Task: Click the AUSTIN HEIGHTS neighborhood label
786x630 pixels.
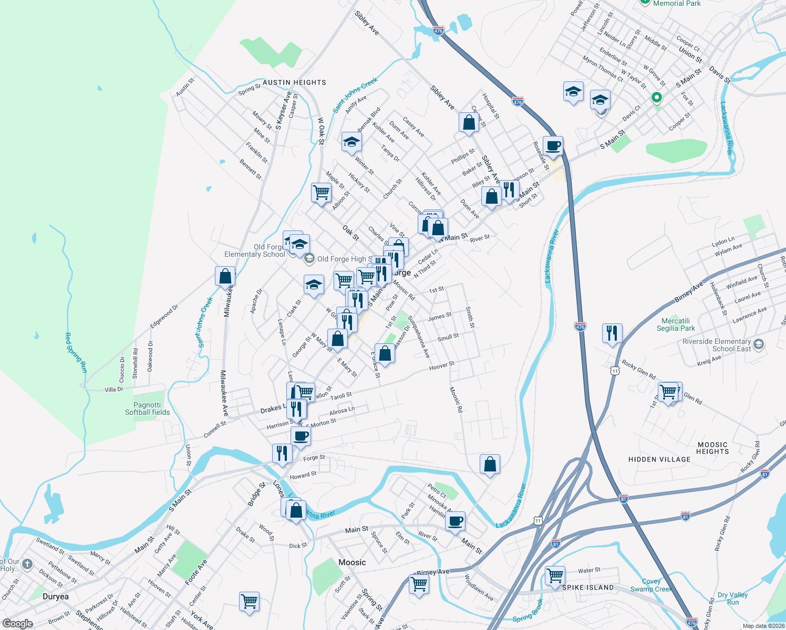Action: [x=294, y=82]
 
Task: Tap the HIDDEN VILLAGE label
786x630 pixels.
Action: [x=659, y=459]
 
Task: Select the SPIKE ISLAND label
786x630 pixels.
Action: [x=588, y=587]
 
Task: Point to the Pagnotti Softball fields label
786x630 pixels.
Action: [x=147, y=408]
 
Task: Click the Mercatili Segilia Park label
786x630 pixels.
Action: [x=676, y=324]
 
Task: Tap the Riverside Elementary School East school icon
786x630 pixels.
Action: [x=758, y=344]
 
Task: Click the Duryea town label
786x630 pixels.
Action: [x=55, y=596]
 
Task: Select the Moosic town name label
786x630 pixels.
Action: [x=352, y=562]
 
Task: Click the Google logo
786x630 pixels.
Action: [x=17, y=624]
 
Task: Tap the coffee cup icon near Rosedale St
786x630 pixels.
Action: [x=553, y=145]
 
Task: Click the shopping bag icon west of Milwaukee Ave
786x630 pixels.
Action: [x=225, y=276]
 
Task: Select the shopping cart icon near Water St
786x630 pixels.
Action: [x=555, y=575]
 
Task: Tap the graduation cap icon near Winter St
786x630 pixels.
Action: [x=351, y=141]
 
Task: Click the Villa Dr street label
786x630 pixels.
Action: [x=113, y=390]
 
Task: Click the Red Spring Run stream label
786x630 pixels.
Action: [x=76, y=352]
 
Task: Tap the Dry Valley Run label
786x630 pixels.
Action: [x=732, y=598]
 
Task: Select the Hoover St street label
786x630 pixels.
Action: [x=441, y=365]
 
